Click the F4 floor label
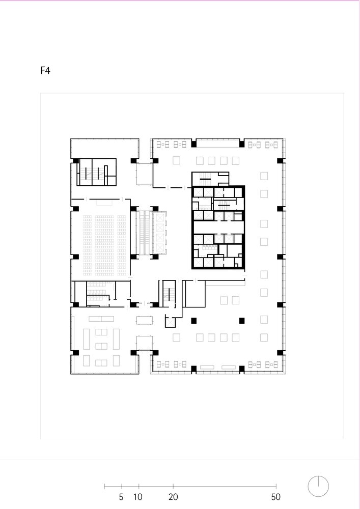pyautogui.click(x=45, y=70)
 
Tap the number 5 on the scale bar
pyautogui.click(x=121, y=497)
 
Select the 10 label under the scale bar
pyautogui.click(x=138, y=497)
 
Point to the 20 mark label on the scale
pyautogui.click(x=173, y=497)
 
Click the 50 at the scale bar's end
pyautogui.click(x=275, y=497)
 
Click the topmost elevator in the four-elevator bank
pyautogui.click(x=160, y=217)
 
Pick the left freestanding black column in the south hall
pyautogui.click(x=194, y=321)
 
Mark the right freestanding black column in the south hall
pyautogui.click(x=242, y=321)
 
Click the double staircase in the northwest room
pyautogui.click(x=92, y=172)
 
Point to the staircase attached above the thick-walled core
pyautogui.click(x=205, y=178)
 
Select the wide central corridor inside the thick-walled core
pyautogui.click(x=218, y=227)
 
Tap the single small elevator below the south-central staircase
pyautogui.click(x=170, y=323)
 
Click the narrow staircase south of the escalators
pyautogui.click(x=169, y=294)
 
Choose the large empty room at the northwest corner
pyautogui.click(x=104, y=148)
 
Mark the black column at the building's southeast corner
pyautogui.click(x=281, y=353)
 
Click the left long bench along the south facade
pyautogui.click(x=207, y=367)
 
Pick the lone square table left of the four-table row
pyautogui.click(x=176, y=160)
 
